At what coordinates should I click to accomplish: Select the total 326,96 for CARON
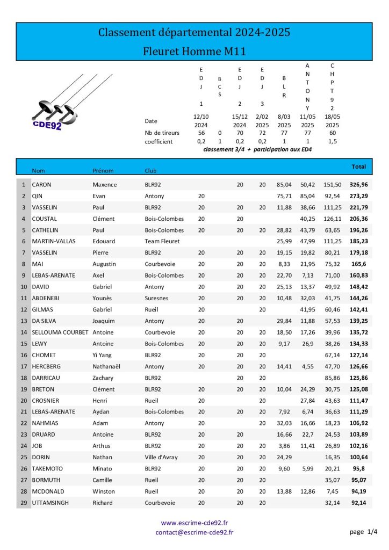pos(358,185)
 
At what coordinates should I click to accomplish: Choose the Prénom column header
pos(103,171)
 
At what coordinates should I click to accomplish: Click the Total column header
pos(358,167)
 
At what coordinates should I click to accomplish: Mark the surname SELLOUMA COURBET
pos(60,332)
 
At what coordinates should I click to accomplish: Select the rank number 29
pos(23,503)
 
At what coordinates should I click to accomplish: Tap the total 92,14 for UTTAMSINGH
pos(358,503)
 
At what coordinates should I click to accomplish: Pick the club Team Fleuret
pos(161,242)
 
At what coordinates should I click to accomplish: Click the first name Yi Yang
pos(105,355)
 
